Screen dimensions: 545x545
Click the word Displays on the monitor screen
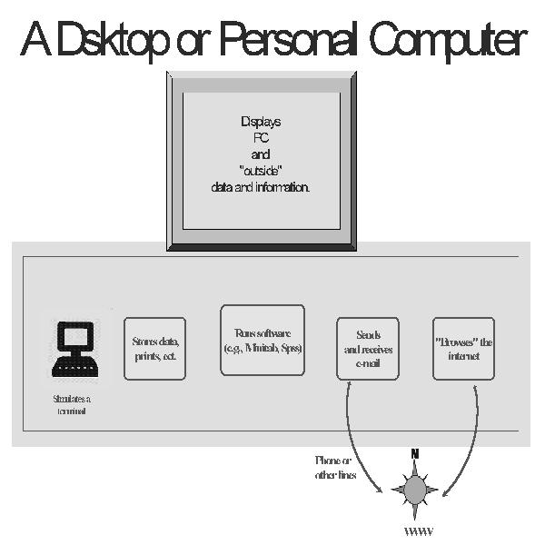click(260, 122)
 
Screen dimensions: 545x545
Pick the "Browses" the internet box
click(463, 348)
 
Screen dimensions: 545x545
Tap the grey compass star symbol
click(415, 490)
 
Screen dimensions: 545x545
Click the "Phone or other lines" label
click(335, 468)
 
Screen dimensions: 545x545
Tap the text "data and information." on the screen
click(260, 186)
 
